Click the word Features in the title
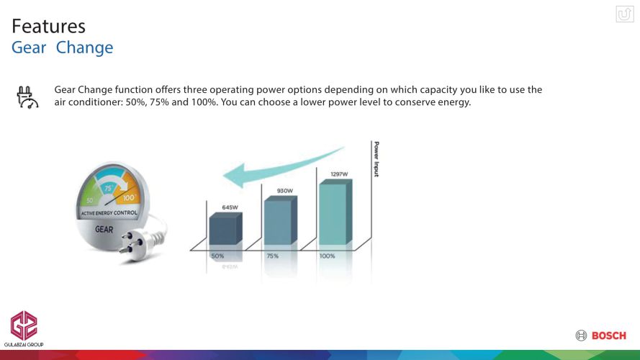click(x=48, y=27)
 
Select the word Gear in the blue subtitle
click(x=29, y=48)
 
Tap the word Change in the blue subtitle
click(x=84, y=48)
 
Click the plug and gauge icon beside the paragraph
click(x=27, y=97)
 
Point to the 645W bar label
click(x=230, y=207)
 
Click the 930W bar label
click(x=285, y=191)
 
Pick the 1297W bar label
click(x=339, y=174)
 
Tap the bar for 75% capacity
click(x=281, y=220)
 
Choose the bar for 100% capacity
click(x=335, y=212)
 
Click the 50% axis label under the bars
click(x=217, y=256)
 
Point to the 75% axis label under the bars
click(x=273, y=256)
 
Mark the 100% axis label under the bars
click(x=327, y=256)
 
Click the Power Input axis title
click(x=377, y=159)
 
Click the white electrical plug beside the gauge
click(x=141, y=240)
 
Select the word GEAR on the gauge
click(x=104, y=230)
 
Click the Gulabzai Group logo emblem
click(x=24, y=325)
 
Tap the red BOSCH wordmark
click(x=608, y=336)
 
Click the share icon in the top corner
click(x=624, y=14)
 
